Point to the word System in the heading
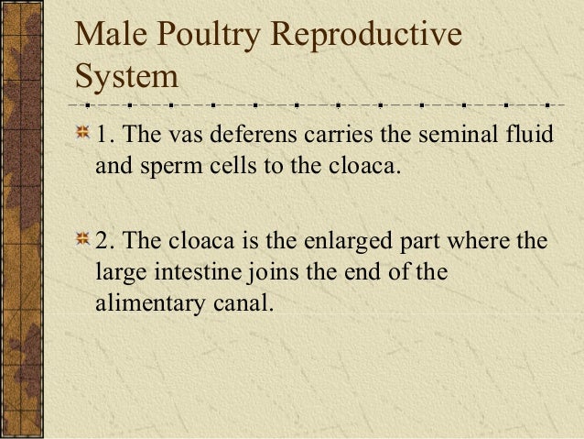(x=126, y=77)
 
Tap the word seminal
(x=449, y=136)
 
